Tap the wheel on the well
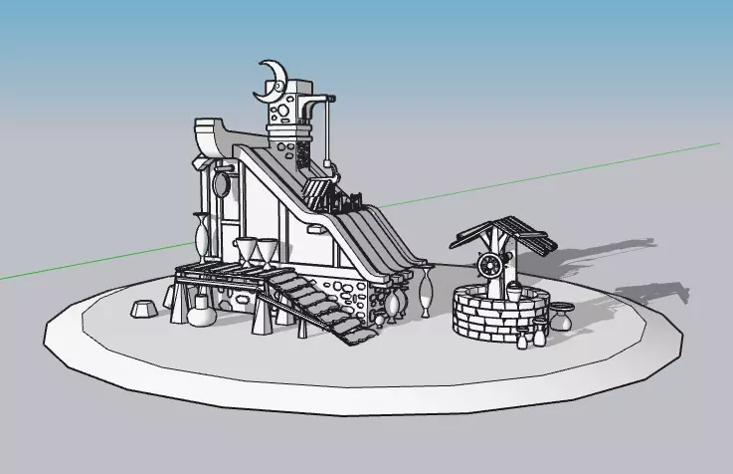pos(489,266)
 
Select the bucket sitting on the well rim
pos(513,290)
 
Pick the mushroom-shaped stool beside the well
pos(562,317)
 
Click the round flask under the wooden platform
pos(202,314)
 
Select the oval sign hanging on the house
pos(221,183)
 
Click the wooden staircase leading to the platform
pos(313,303)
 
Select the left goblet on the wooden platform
pos(245,251)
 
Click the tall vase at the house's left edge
pos(202,238)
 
